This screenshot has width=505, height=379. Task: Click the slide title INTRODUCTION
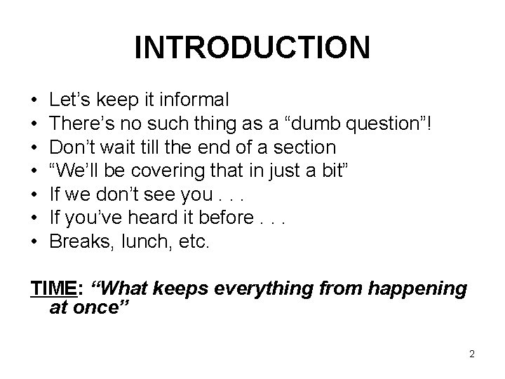(x=252, y=48)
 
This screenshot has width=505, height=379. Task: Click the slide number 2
(x=472, y=354)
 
